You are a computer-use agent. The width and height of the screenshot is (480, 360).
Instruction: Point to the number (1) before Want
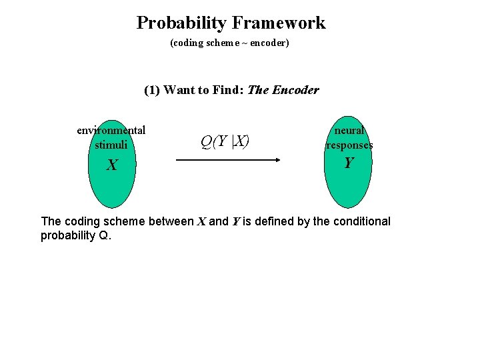[x=152, y=90]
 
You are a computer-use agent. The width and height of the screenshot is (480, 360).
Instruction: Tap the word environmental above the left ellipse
[x=111, y=130]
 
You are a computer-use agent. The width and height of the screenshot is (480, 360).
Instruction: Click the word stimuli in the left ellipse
[x=111, y=144]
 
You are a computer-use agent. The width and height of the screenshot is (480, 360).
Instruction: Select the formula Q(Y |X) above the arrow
[x=225, y=141]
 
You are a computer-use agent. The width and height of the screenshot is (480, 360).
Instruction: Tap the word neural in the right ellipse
[x=349, y=131]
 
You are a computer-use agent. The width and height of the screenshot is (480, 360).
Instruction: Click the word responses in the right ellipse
[x=349, y=145]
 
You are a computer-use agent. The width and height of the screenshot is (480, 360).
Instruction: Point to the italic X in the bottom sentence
[x=201, y=221]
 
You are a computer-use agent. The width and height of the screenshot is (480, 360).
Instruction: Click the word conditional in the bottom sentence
[x=361, y=221]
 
